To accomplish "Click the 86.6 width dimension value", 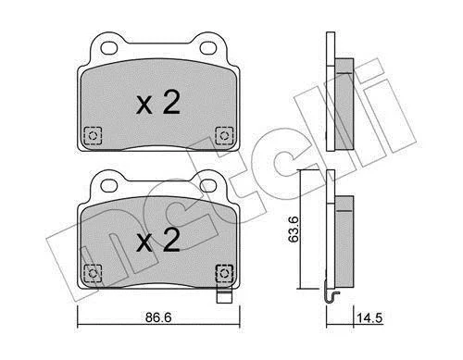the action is pyautogui.click(x=158, y=317).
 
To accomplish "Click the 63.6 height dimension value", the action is pyautogui.click(x=294, y=229).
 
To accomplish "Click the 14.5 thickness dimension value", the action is pyautogui.click(x=369, y=317).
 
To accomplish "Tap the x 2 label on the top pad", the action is pyautogui.click(x=158, y=103).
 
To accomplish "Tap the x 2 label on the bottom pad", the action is pyautogui.click(x=158, y=241).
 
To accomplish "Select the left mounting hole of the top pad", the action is pyautogui.click(x=109, y=48).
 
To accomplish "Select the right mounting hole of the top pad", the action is pyautogui.click(x=207, y=48).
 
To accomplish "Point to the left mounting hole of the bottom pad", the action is pyautogui.click(x=109, y=186).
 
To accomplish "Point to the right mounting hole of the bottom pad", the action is pyautogui.click(x=207, y=186).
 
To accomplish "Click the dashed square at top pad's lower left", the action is pyautogui.click(x=93, y=135).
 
